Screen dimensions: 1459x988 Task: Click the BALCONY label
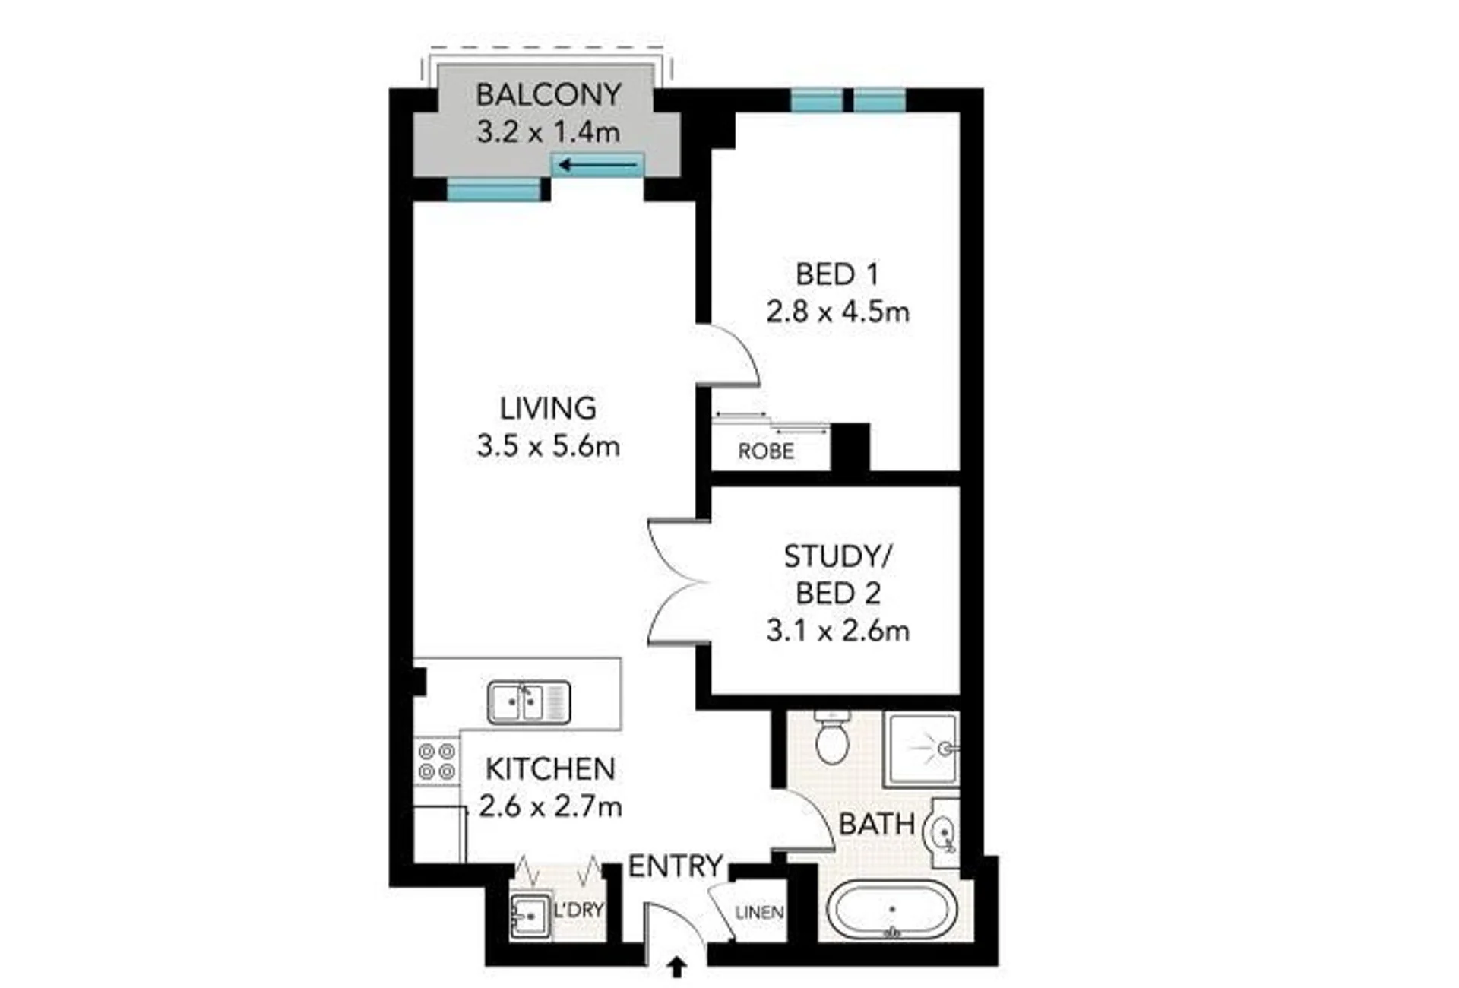tap(548, 95)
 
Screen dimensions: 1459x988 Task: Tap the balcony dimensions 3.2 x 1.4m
tap(548, 132)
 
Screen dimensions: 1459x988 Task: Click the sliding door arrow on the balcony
tap(597, 164)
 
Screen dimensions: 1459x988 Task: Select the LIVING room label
tap(547, 408)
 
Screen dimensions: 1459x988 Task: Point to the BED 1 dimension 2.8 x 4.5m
tap(837, 312)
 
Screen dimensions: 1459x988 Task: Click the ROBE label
tap(766, 451)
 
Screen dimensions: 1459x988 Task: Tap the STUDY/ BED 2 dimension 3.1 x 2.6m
tap(837, 631)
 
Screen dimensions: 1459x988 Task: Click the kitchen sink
tap(529, 702)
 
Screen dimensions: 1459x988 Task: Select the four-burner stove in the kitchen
tap(437, 762)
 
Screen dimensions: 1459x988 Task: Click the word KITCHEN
tap(550, 769)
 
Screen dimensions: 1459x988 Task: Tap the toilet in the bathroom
tap(832, 738)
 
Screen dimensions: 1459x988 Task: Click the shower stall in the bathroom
tap(922, 749)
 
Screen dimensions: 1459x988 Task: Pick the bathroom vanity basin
tap(941, 834)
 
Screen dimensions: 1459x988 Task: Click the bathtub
tap(891, 910)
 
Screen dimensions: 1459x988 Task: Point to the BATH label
tap(877, 824)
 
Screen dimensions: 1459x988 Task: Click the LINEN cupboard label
tap(759, 911)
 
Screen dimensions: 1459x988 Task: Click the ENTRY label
tap(676, 866)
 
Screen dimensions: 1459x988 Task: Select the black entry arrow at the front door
tap(676, 967)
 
